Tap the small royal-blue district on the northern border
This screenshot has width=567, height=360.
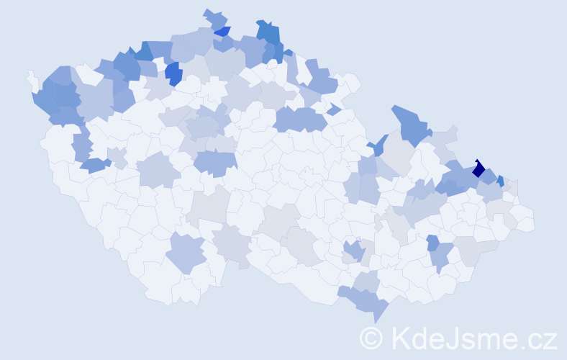tap(223, 31)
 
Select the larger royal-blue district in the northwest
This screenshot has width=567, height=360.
tap(173, 73)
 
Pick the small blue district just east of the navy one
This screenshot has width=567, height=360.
tap(500, 181)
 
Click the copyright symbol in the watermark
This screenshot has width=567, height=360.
tap(371, 338)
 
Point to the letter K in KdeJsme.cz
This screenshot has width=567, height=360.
tap(402, 338)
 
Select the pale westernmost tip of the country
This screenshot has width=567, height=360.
tap(31, 76)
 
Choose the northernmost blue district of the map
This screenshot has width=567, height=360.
tap(214, 17)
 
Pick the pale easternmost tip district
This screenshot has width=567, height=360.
tap(525, 222)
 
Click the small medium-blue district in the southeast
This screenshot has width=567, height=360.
tap(432, 243)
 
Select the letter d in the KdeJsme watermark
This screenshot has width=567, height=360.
tap(420, 338)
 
